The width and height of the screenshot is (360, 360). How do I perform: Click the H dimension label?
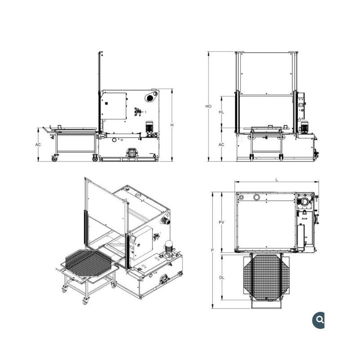[172, 125]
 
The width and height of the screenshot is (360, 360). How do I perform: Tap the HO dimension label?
[208, 106]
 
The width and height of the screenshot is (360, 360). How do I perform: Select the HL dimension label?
[221, 112]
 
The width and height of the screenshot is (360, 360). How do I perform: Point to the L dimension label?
[277, 180]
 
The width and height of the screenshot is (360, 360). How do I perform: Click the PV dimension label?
[221, 222]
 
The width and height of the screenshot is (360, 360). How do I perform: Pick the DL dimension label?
[221, 278]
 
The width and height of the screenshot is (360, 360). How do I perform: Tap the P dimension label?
[212, 250]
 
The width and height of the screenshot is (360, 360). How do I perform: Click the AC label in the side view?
[38, 144]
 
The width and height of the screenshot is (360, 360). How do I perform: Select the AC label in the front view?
[221, 144]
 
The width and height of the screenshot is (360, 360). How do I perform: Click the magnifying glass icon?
[319, 320]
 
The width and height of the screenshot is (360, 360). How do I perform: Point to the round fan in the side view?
[150, 97]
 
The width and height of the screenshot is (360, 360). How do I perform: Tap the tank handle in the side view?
[131, 153]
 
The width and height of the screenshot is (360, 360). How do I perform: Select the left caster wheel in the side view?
[54, 158]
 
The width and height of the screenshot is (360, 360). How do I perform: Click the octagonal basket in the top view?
[266, 277]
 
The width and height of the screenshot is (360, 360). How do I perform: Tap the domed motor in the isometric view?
[169, 246]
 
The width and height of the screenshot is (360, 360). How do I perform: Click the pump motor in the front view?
[305, 127]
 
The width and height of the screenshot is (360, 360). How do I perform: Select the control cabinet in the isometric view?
[141, 243]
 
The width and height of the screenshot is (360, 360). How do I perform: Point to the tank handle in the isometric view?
[165, 278]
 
